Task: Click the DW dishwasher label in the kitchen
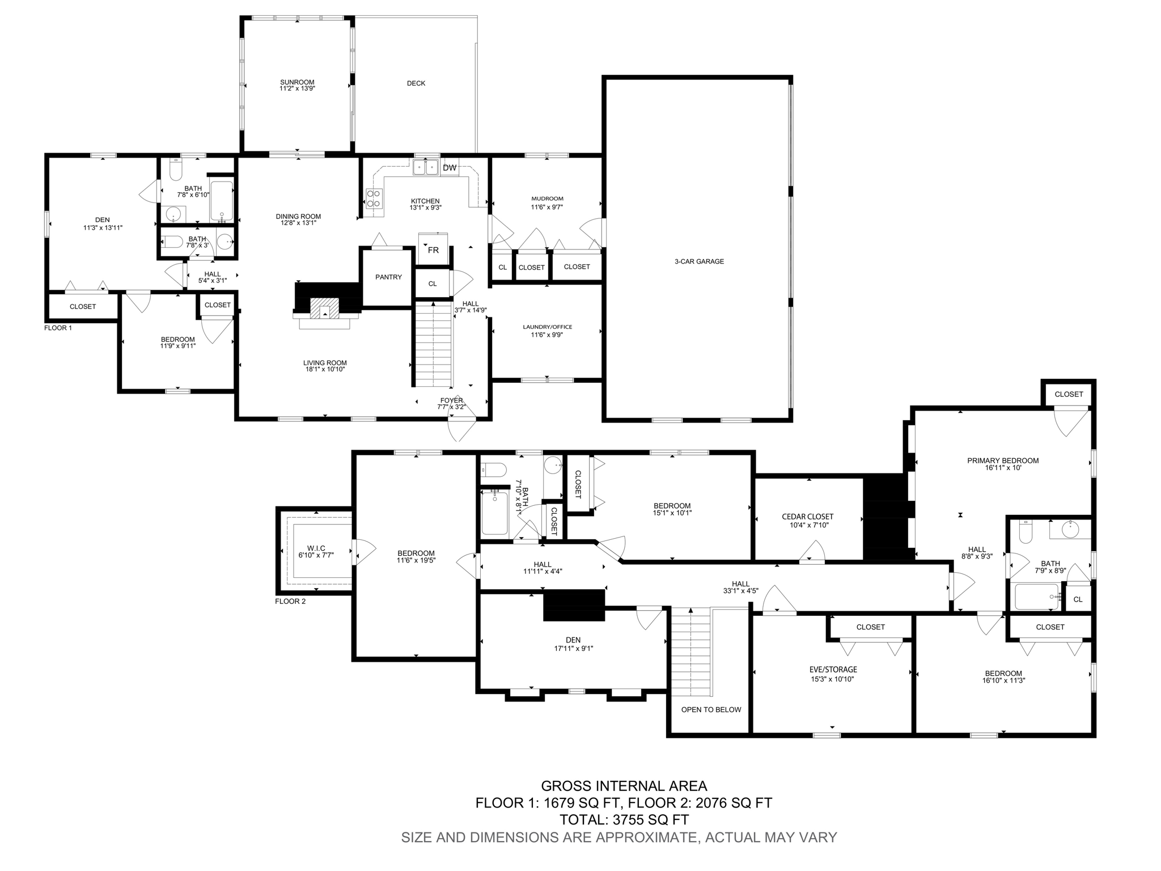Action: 449,168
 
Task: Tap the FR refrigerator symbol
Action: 433,250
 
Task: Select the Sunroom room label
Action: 296,82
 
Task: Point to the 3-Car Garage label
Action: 699,261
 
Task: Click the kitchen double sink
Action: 426,167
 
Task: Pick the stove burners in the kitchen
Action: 374,198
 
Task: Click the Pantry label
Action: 388,277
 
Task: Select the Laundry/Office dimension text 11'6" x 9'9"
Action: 547,335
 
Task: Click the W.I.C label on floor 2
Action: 316,548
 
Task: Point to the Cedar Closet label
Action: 807,517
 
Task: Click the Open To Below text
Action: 711,709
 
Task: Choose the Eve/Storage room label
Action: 833,670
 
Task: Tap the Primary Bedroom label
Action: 1002,460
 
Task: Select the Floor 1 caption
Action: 58,328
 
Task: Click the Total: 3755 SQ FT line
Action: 624,819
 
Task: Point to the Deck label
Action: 416,83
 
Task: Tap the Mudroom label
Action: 547,198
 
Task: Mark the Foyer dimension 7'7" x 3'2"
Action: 451,407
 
